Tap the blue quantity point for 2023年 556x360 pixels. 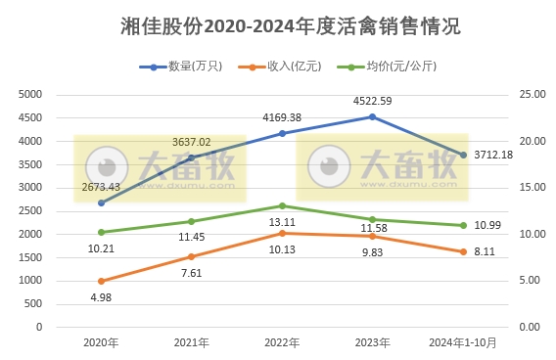coord(372,117)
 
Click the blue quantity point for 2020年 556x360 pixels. coord(101,202)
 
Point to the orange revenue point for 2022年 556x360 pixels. coord(282,233)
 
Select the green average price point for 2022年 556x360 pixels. coord(282,205)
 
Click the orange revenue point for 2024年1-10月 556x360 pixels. coord(463,251)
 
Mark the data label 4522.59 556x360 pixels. coord(372,101)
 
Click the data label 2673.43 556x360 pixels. coord(101,186)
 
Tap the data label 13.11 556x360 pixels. coord(282,221)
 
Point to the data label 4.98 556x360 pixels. coord(101,298)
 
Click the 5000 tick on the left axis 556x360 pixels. coord(31,94)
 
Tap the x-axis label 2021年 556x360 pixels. coord(192,343)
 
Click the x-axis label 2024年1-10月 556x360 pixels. coord(463,343)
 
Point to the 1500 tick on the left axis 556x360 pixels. coord(31,257)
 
